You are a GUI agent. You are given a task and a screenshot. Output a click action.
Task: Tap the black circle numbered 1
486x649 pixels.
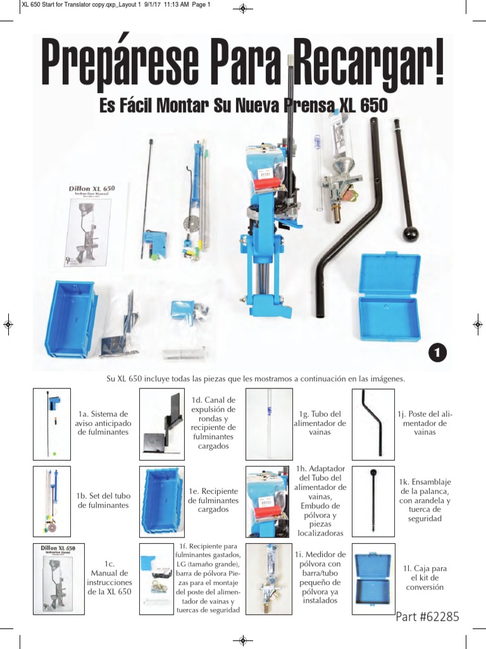coord(436,352)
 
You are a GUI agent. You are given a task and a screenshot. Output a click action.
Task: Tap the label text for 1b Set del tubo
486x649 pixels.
coord(103,500)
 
